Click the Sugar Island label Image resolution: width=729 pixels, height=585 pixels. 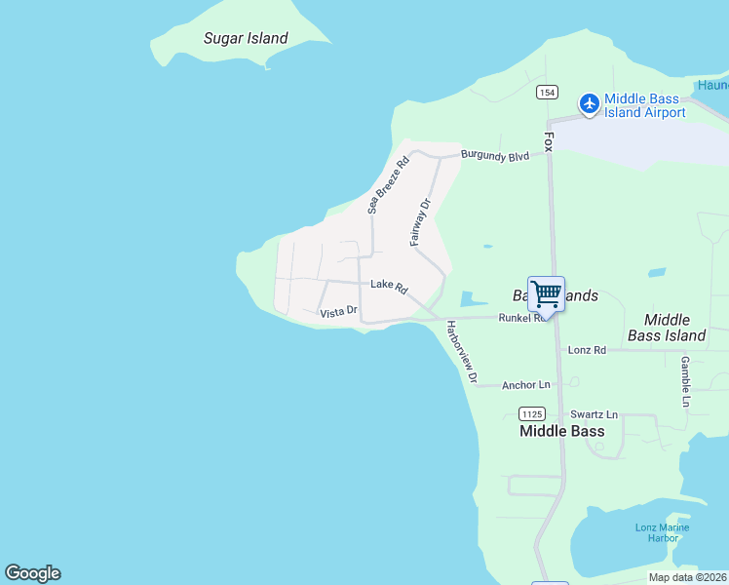[246, 39]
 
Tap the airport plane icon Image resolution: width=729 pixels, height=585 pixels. [589, 102]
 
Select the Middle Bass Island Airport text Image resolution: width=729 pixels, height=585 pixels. [645, 105]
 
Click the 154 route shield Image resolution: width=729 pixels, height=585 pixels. [547, 92]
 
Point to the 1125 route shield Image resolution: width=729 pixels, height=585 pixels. [532, 412]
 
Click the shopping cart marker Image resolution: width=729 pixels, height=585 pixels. [546, 292]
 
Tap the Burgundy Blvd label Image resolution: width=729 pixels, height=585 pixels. [495, 156]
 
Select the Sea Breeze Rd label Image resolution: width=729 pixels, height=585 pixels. [387, 184]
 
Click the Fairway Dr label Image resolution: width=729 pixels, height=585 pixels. [420, 221]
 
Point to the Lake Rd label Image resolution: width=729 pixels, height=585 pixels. [388, 286]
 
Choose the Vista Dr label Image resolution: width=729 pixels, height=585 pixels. [339, 313]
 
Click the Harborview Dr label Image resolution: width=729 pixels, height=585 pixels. [462, 351]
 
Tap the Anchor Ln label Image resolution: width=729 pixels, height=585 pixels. [525, 385]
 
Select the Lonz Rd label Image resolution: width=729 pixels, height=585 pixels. [586, 350]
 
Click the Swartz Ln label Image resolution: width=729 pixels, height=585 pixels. [594, 414]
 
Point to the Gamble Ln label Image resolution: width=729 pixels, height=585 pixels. [686, 381]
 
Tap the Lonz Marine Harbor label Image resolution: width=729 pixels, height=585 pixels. [662, 532]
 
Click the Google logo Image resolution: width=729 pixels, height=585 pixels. [32, 573]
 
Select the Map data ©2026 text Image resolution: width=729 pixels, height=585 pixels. [687, 577]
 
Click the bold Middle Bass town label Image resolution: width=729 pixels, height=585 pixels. [561, 431]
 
